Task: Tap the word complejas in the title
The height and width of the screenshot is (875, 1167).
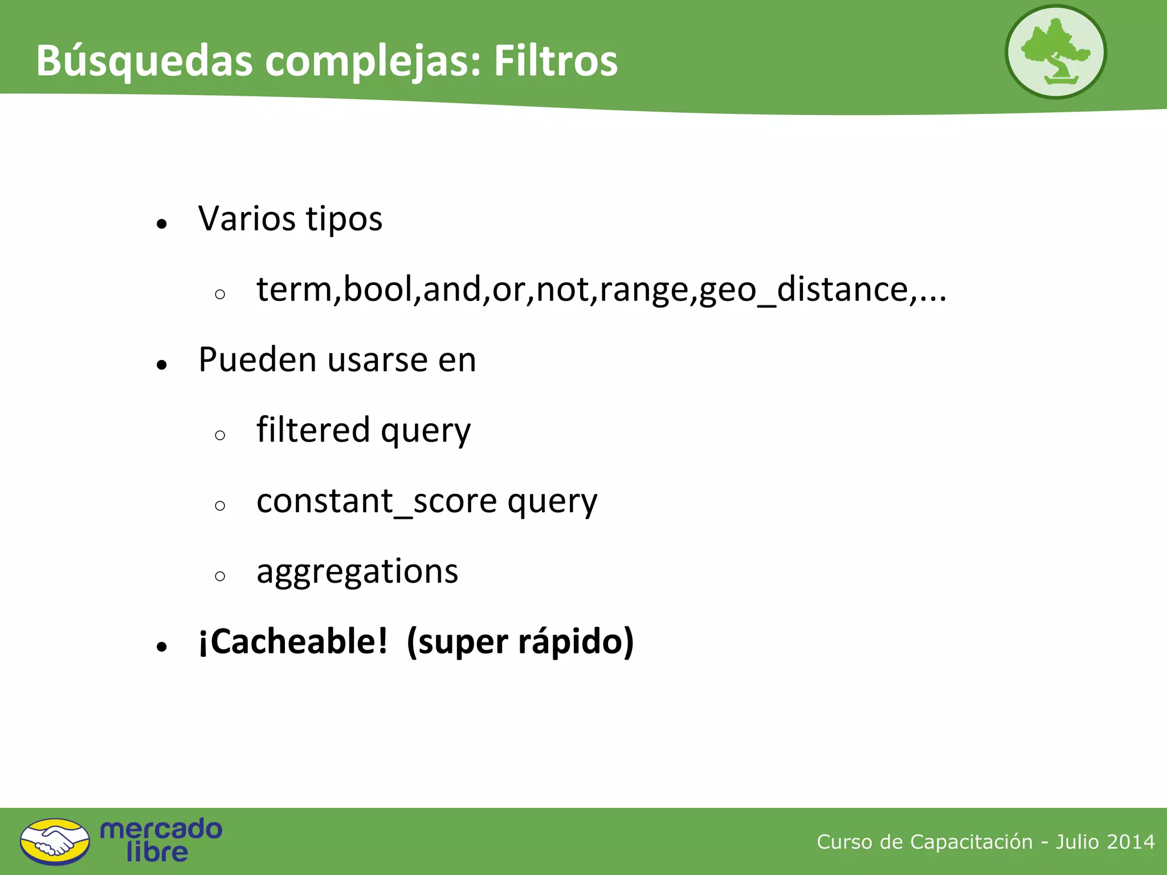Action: (373, 62)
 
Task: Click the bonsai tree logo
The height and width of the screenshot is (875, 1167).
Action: (1055, 52)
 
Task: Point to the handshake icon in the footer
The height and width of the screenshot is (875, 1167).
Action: (55, 841)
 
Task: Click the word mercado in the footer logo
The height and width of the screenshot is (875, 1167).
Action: (161, 829)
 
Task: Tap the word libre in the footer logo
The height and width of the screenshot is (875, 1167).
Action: (157, 852)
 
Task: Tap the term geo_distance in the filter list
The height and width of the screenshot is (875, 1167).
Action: (804, 289)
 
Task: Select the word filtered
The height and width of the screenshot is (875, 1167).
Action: (313, 430)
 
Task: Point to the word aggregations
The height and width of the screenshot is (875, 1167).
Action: (357, 571)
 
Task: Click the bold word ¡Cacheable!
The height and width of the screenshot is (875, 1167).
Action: (293, 641)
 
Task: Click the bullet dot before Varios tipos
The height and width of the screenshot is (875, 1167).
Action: (162, 224)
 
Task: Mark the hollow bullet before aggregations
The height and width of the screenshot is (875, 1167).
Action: (221, 576)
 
